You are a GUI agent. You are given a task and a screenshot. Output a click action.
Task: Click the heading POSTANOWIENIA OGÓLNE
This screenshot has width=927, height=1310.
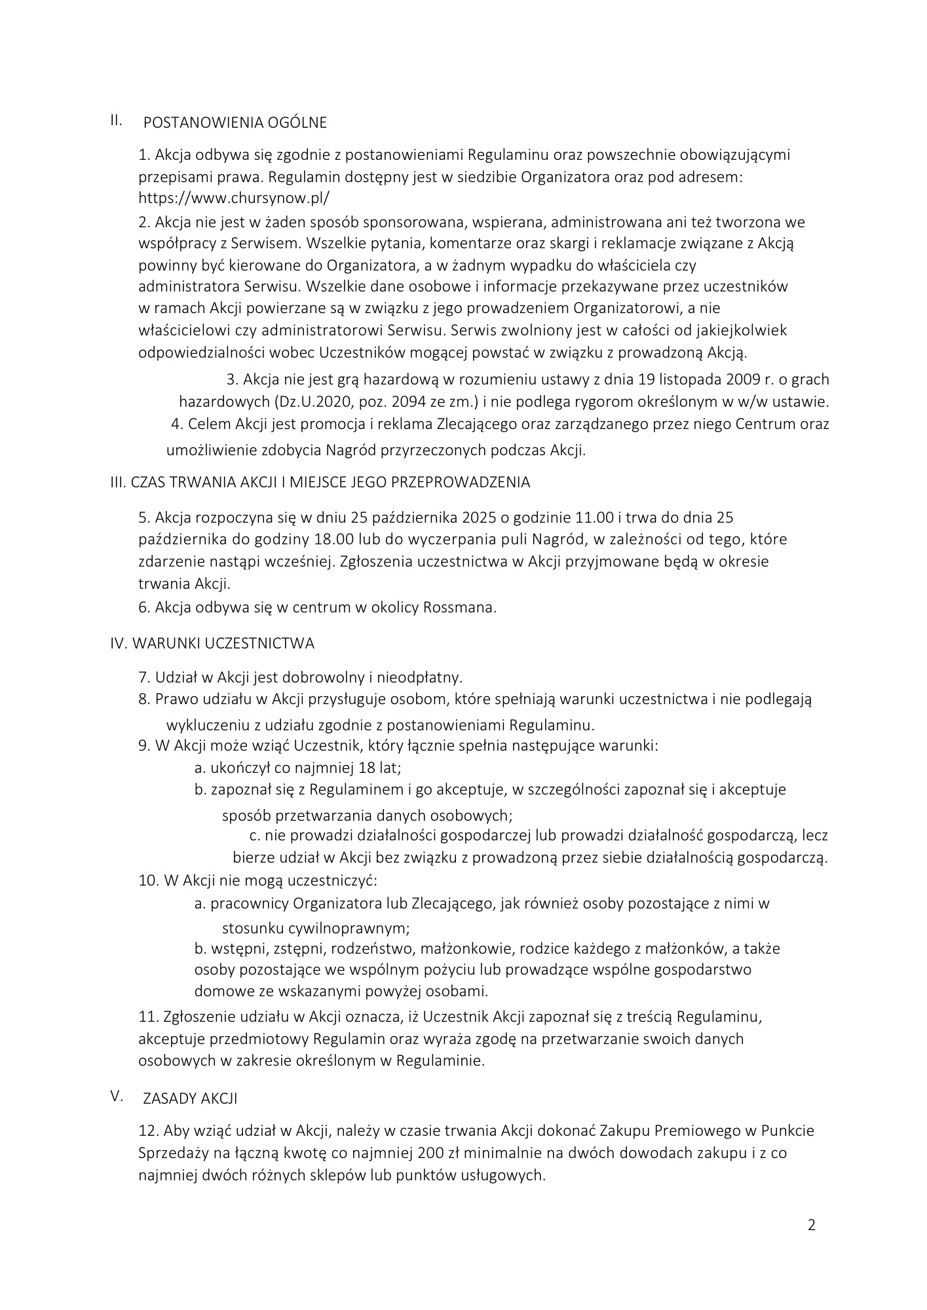235,122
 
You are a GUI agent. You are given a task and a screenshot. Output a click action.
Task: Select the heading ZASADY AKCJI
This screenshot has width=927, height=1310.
190,1099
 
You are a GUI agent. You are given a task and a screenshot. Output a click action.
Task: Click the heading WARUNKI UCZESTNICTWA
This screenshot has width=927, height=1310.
223,643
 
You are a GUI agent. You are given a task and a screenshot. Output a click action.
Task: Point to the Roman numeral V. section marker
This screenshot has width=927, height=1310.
117,1096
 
